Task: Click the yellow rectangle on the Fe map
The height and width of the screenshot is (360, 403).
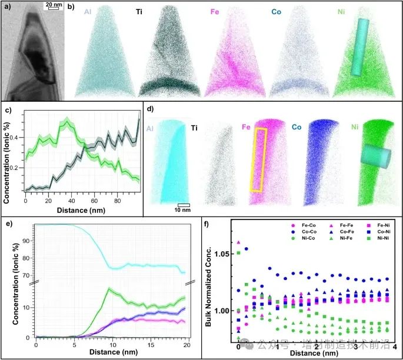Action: tap(259, 160)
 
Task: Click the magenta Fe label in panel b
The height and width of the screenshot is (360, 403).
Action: tap(215, 11)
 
